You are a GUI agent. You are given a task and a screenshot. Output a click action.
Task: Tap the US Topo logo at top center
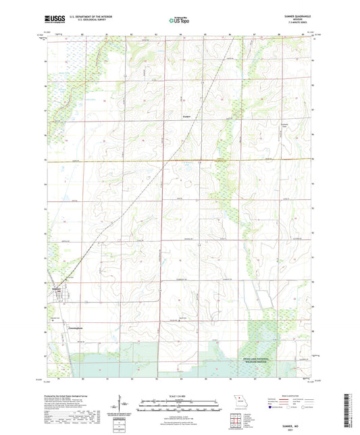pos(180,20)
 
